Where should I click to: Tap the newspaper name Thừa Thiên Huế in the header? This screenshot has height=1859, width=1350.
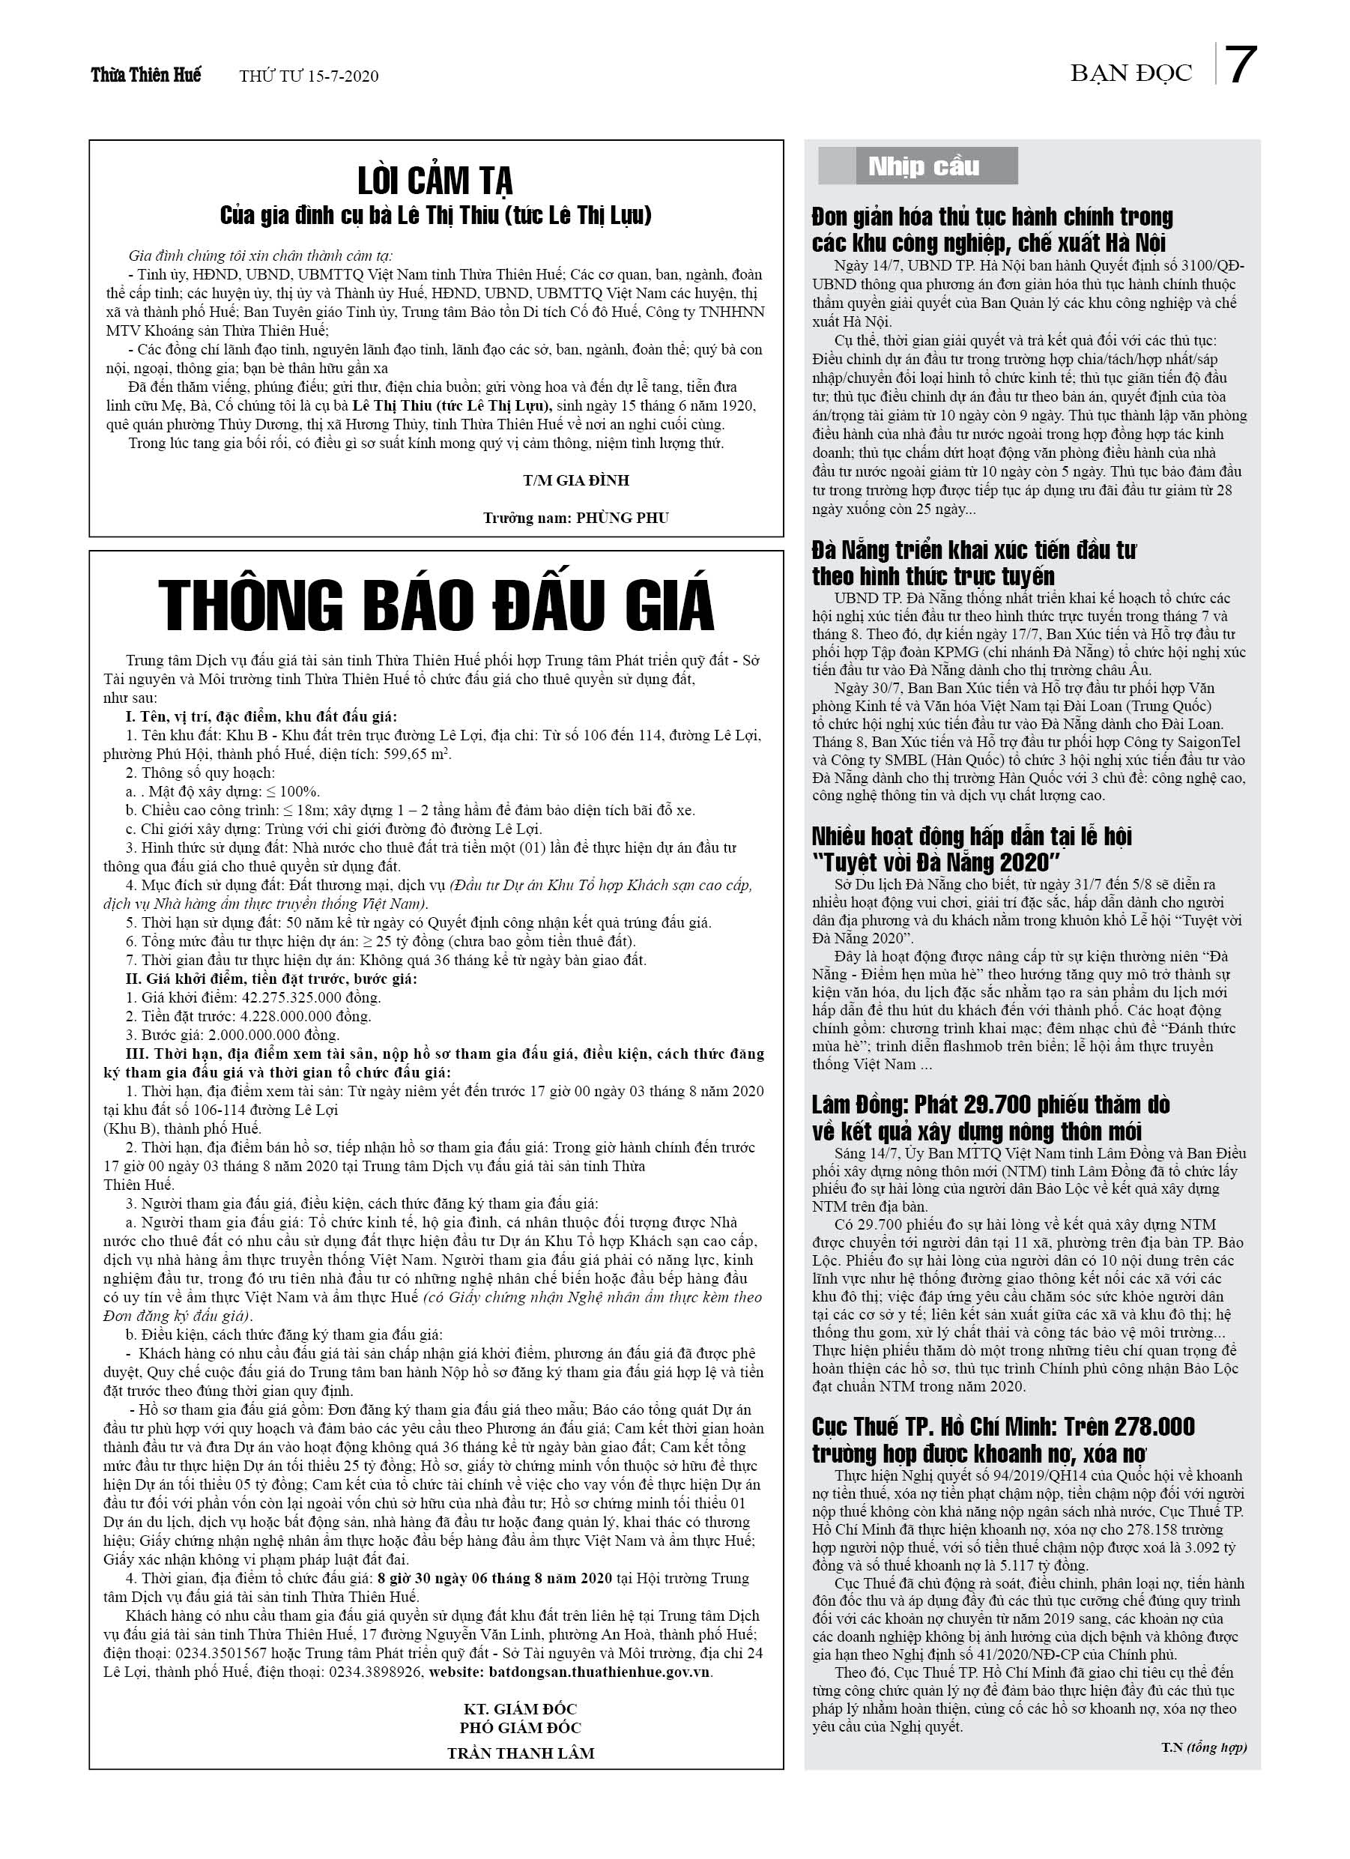pos(146,76)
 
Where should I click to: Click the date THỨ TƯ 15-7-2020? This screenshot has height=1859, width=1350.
pos(309,76)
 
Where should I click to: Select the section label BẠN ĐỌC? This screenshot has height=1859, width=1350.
pos(1130,73)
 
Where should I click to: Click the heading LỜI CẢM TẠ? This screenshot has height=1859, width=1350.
pos(435,180)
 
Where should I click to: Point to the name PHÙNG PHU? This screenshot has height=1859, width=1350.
pos(622,517)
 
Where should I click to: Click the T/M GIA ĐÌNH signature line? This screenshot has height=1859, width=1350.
pos(576,480)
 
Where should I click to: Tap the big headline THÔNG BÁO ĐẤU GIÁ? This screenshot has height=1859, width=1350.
pos(435,605)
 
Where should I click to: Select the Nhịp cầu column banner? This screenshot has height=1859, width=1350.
pos(923,166)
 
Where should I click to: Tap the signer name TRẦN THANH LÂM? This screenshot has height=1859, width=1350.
pos(521,1753)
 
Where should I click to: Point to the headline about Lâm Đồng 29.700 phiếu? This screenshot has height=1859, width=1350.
pos(990,1117)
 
